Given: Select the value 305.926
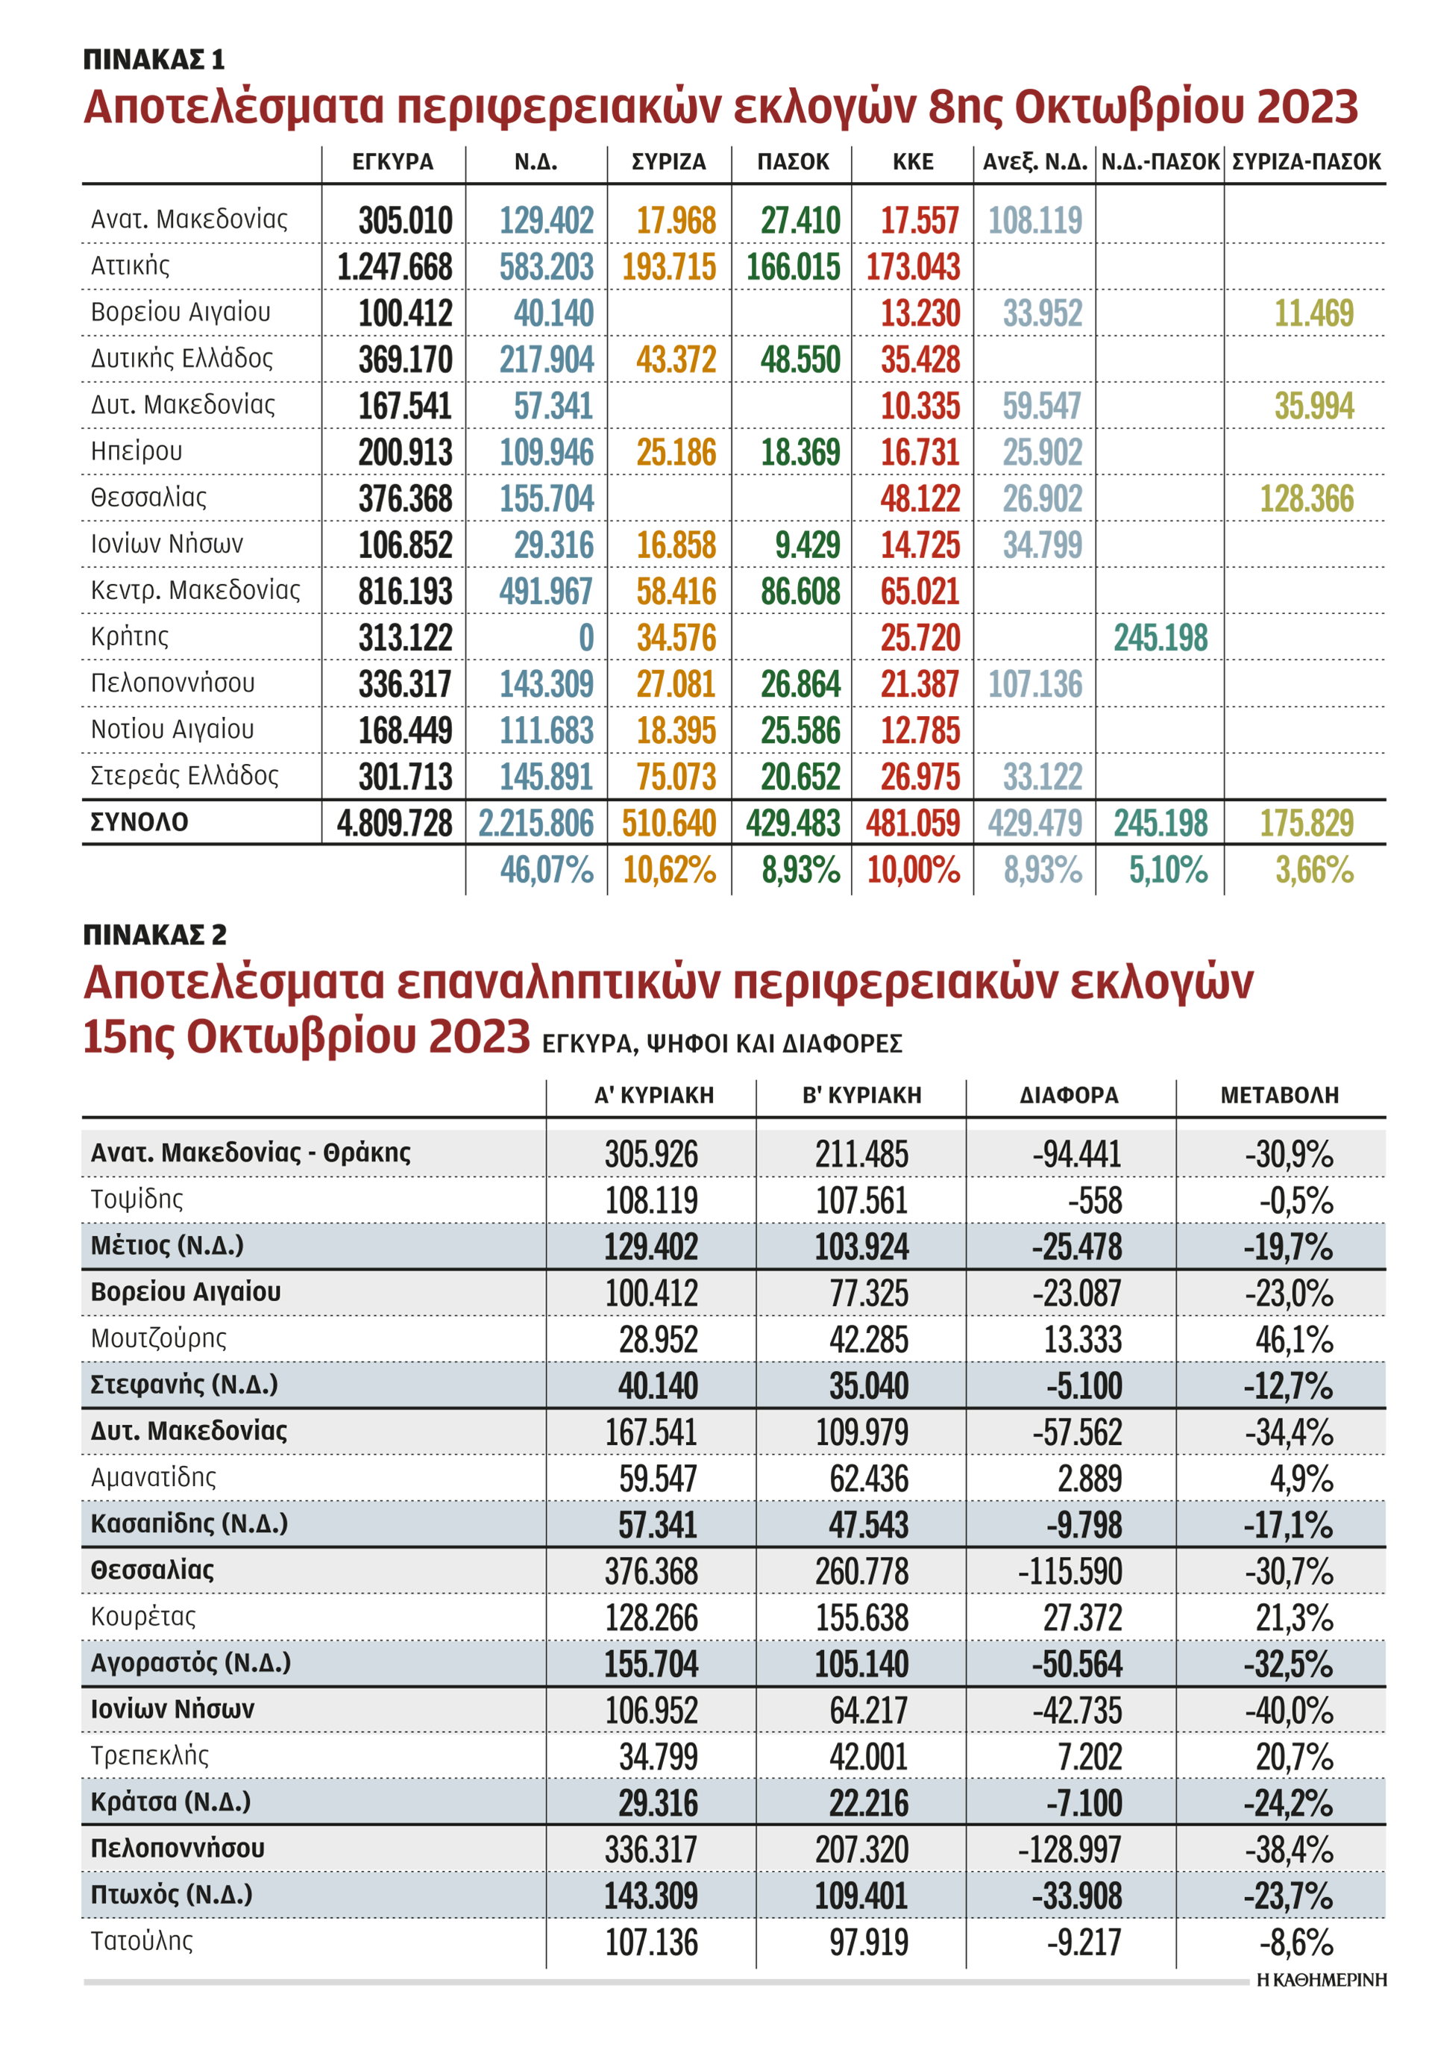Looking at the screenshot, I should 650,1154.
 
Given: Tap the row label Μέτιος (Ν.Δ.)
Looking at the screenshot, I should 167,1246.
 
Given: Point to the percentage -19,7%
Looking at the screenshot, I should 1287,1247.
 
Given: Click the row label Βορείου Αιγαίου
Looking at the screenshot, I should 185,1292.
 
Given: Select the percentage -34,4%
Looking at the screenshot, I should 1287,1433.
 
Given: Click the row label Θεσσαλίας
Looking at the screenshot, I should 152,1570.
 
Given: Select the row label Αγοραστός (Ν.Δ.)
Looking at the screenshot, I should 190,1663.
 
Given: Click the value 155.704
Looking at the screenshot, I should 650,1664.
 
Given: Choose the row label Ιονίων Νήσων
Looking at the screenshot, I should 172,1709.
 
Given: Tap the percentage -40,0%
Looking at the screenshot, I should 1287,1711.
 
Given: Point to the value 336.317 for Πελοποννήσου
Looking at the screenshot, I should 650,1850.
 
